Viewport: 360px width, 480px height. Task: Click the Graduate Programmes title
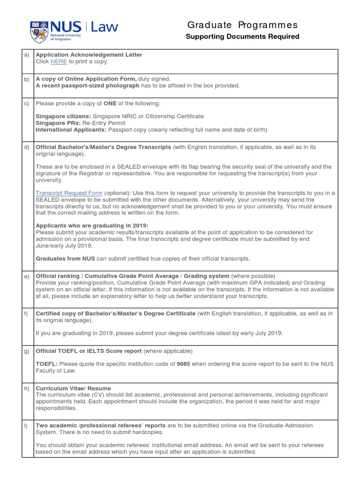click(x=242, y=25)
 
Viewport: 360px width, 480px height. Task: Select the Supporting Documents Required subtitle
click(x=242, y=37)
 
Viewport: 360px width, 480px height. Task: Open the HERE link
click(x=59, y=61)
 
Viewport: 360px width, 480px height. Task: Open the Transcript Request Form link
click(x=69, y=193)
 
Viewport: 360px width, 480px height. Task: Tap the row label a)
click(x=26, y=55)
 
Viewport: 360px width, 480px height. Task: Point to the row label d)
click(x=26, y=147)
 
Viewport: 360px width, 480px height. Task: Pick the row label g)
click(x=26, y=351)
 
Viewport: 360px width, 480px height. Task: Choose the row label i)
click(x=26, y=426)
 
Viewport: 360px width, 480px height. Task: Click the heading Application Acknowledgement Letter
click(x=89, y=55)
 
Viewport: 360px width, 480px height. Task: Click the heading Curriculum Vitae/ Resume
click(x=74, y=388)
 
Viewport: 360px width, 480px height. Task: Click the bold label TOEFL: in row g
click(x=46, y=364)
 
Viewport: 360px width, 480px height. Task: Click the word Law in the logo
click(x=105, y=27)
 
